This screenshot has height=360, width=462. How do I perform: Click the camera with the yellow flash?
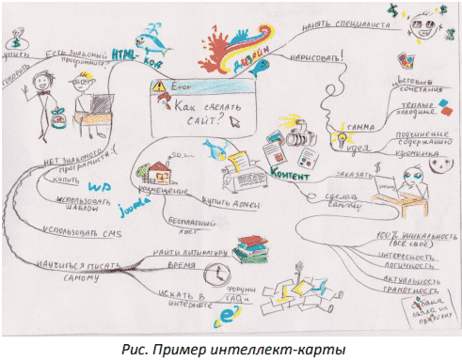click(300, 138)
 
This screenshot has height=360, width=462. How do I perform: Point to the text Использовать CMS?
click(81, 229)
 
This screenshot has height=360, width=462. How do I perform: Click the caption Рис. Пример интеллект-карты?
click(231, 349)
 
